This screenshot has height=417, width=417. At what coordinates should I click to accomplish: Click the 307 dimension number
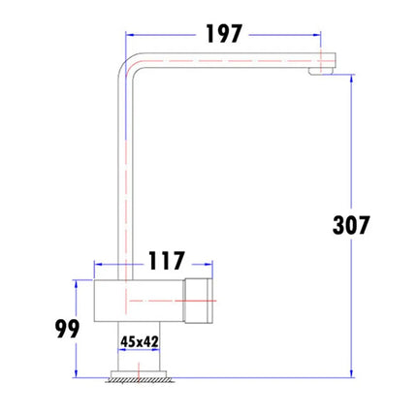[351, 226]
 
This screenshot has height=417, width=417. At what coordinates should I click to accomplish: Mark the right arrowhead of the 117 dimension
[208, 262]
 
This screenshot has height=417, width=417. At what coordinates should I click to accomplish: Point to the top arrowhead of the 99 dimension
[76, 283]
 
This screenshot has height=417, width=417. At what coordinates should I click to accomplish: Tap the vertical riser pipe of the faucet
[127, 175]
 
